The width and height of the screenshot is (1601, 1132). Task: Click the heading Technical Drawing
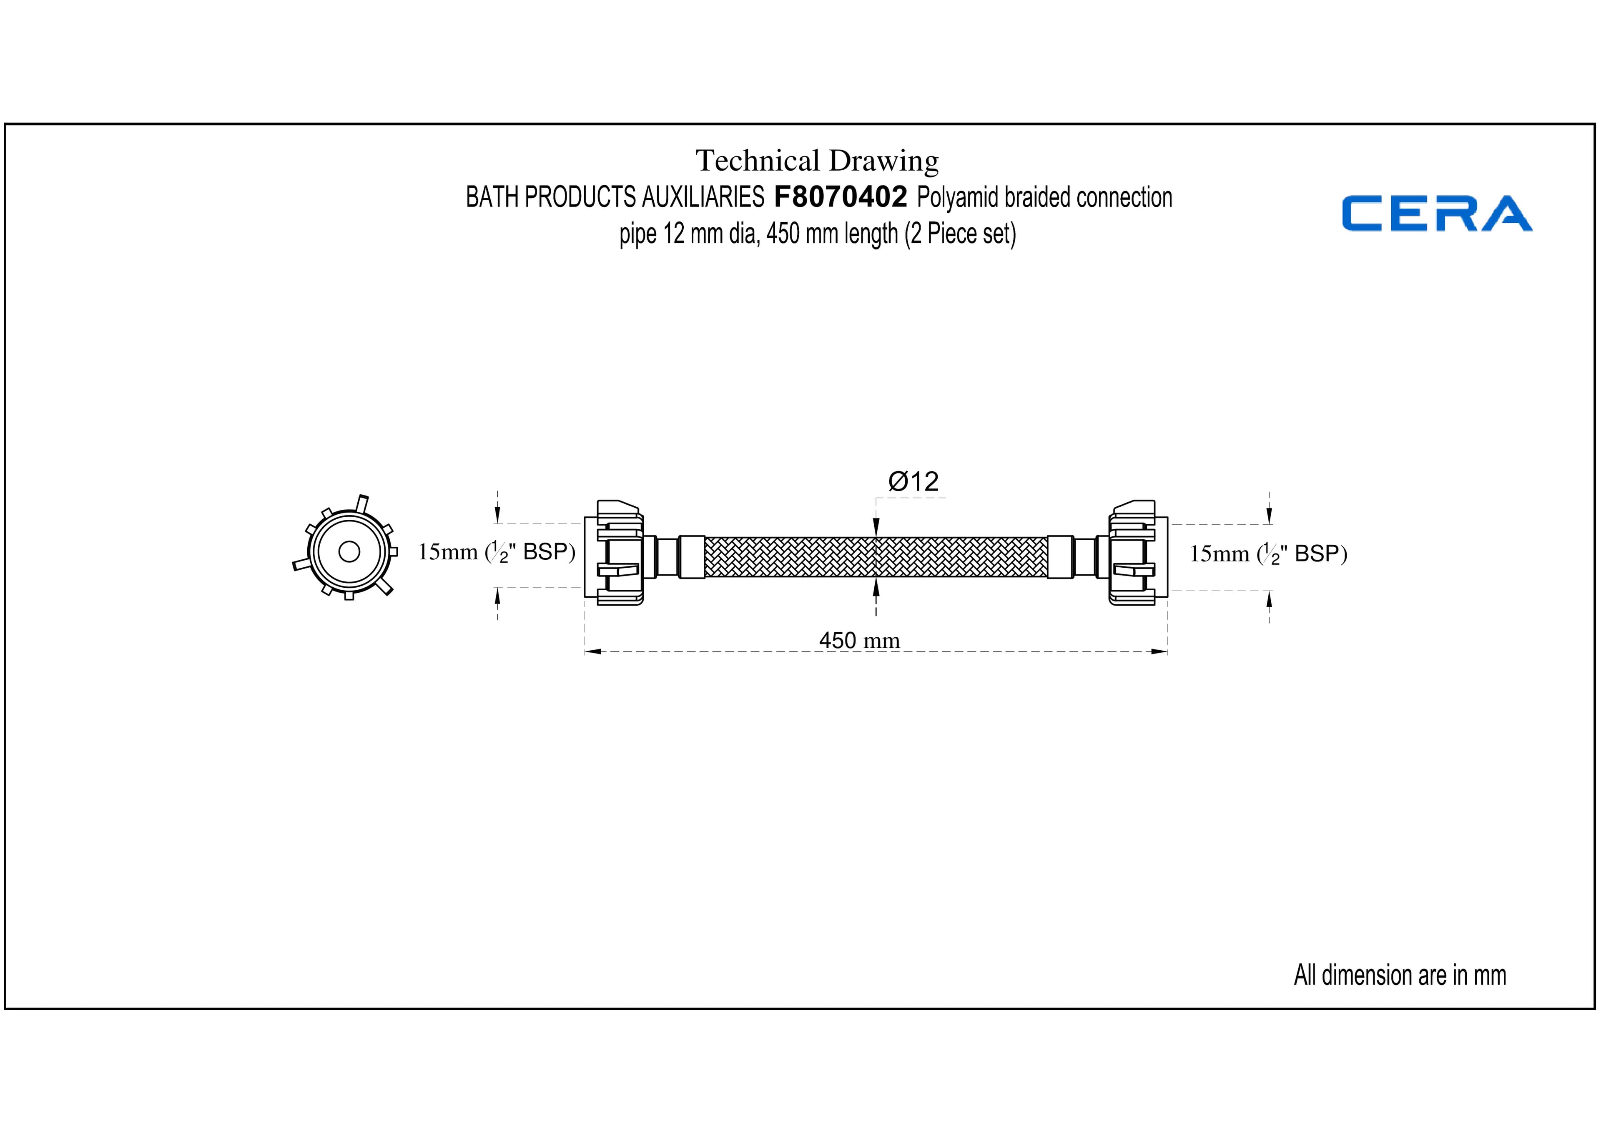(x=817, y=161)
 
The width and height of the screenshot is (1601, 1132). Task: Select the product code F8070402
(x=840, y=197)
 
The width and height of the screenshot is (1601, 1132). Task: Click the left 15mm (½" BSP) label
(x=497, y=552)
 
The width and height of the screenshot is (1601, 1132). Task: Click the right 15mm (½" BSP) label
(x=1268, y=554)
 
